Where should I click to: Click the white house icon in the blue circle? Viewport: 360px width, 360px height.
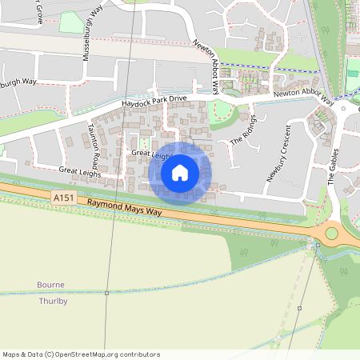tap(180, 172)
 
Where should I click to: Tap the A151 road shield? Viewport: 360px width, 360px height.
tap(62, 196)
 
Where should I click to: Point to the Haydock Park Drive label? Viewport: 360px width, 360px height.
tap(154, 101)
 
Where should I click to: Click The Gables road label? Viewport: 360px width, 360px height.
tap(334, 166)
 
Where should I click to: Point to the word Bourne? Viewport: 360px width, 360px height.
tap(50, 285)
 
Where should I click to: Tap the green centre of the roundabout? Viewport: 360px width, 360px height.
tap(331, 234)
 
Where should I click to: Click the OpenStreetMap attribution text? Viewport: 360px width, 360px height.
tap(81, 354)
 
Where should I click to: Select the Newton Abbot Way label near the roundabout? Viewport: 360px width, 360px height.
tap(303, 94)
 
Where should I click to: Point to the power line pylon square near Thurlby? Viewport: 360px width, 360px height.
tap(106, 293)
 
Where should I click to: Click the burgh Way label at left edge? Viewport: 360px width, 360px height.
tap(19, 82)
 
